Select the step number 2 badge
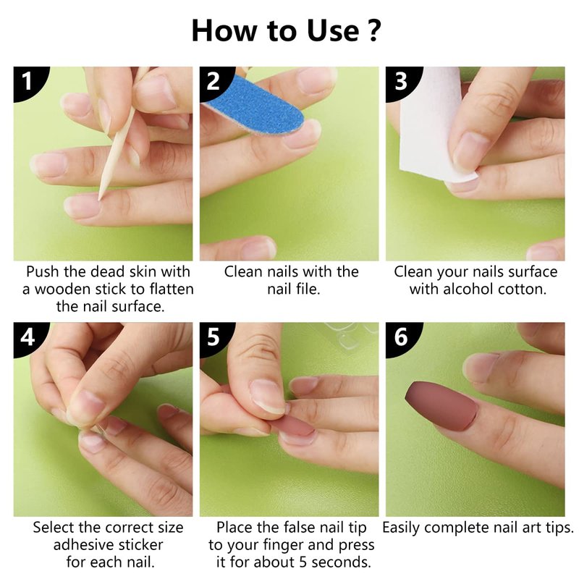(x=215, y=81)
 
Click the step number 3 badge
(x=402, y=81)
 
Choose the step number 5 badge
(x=215, y=337)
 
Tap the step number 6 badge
(x=402, y=337)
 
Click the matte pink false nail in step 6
(x=441, y=405)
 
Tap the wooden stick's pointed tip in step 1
(x=99, y=200)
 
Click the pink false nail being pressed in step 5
(x=294, y=425)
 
